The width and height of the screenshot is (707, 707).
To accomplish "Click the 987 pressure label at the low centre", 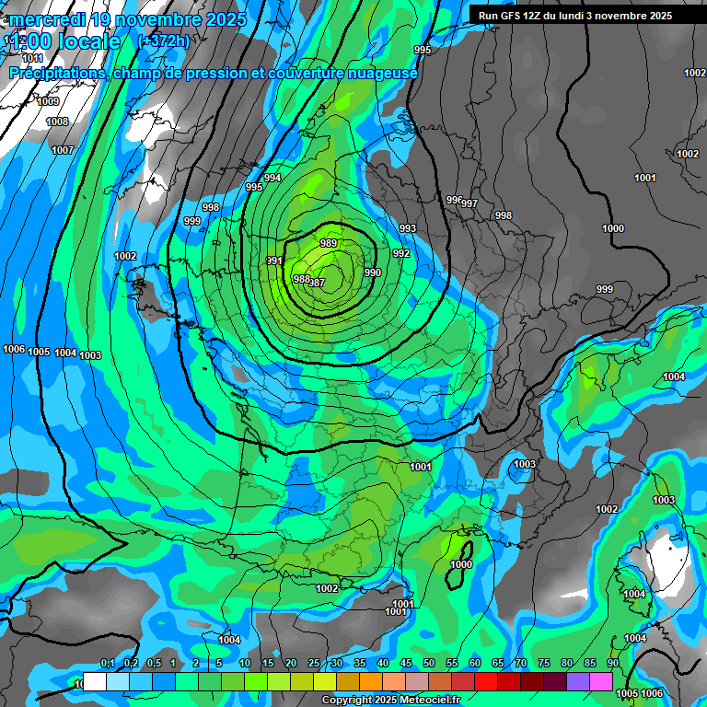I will click(317, 283).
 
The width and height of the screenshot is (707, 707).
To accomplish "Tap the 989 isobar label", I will click(329, 242).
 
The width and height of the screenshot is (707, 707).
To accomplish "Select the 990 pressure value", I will click(372, 272).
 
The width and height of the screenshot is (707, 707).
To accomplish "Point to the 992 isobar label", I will click(401, 253).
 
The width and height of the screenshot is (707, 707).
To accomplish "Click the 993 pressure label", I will click(407, 228).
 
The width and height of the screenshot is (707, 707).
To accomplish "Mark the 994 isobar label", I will click(272, 178).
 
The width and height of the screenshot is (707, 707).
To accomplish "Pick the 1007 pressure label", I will click(62, 150).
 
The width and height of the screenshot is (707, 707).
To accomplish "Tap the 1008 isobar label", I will click(57, 122).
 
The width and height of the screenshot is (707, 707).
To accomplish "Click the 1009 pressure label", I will click(48, 101).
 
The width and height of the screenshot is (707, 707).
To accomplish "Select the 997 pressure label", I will click(469, 203).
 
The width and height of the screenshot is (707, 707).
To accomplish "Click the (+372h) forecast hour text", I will click(164, 41).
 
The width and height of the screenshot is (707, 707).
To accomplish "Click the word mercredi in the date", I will click(47, 19).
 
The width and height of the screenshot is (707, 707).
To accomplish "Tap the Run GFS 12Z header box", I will click(574, 16).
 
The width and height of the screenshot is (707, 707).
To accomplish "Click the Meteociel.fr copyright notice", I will click(390, 701).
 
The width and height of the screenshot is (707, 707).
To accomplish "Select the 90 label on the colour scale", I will click(612, 664).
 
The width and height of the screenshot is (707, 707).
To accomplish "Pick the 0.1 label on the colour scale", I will click(107, 664).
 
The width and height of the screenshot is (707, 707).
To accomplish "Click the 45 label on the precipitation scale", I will click(405, 664).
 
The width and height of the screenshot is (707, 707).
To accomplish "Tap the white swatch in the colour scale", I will click(95, 681).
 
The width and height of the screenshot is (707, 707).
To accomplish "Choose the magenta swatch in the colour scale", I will click(601, 681).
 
